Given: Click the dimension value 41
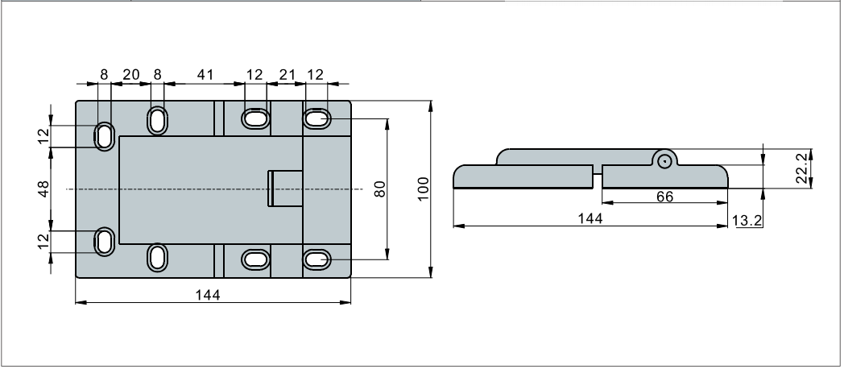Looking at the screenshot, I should pyautogui.click(x=205, y=74).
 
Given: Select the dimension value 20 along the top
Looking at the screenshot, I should pyautogui.click(x=130, y=74).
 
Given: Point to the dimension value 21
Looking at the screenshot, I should pyautogui.click(x=287, y=74).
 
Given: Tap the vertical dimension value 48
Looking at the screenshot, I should pyautogui.click(x=43, y=188).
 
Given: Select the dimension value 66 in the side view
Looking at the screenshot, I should pyautogui.click(x=664, y=197).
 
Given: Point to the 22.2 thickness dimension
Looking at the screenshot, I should pyautogui.click(x=802, y=167).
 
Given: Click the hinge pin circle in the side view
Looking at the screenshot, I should pyautogui.click(x=664, y=160).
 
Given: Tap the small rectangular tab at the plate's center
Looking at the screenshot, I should pyautogui.click(x=285, y=188).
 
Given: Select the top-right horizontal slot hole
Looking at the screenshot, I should pyautogui.click(x=317, y=120).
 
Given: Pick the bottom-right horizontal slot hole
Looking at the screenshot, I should pyautogui.click(x=317, y=259).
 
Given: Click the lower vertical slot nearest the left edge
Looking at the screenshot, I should pyautogui.click(x=105, y=240).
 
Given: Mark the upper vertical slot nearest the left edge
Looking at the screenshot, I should pyautogui.click(x=105, y=135).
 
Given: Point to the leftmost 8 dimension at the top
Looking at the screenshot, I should pyautogui.click(x=104, y=74).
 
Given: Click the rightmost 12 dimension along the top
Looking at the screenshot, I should pyautogui.click(x=316, y=74).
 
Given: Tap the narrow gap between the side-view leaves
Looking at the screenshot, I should pyautogui.click(x=598, y=176).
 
